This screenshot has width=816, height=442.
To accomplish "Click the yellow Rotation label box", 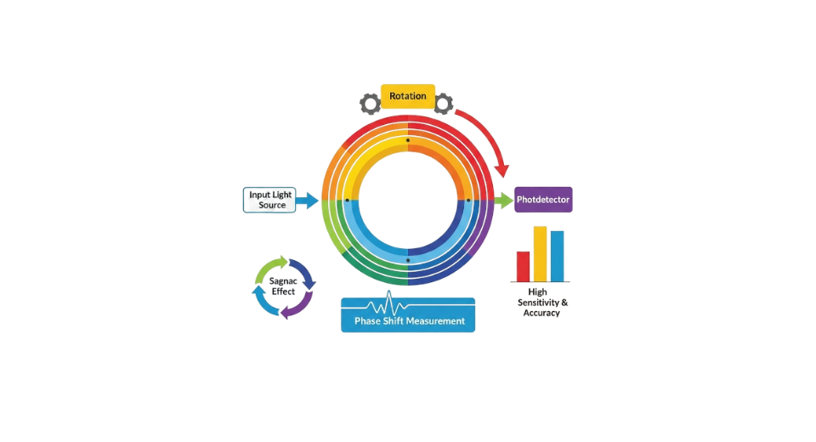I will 408,96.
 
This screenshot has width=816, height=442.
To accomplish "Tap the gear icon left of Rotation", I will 370,104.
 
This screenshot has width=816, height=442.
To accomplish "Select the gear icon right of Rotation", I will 444,104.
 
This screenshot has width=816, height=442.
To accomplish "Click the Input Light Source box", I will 270,200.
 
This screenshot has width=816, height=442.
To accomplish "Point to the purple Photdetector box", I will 543,200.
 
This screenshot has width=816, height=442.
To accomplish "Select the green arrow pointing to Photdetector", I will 503,201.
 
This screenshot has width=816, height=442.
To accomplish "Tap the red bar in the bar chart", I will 524,266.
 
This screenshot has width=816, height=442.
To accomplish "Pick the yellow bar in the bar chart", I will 540,253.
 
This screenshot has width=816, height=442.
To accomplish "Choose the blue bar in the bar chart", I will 557,256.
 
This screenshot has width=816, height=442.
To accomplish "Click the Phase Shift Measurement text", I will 408,321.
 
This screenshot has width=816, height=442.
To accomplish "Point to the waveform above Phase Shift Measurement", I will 390,304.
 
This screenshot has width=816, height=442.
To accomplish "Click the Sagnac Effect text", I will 284,286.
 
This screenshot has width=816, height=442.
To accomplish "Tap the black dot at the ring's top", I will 408,140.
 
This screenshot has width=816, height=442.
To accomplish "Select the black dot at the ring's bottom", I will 408,260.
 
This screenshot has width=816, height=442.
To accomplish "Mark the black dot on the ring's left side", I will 348,201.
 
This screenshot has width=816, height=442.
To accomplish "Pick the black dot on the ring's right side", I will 468,201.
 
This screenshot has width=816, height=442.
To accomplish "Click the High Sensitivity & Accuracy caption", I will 542,303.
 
